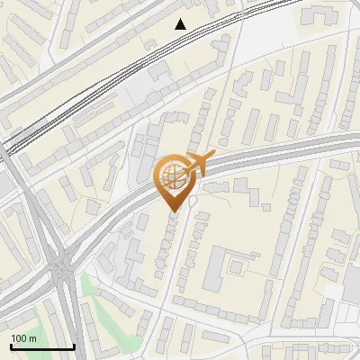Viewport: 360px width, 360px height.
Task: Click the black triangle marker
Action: point(181,24)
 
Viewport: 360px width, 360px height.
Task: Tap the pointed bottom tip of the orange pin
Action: point(174,212)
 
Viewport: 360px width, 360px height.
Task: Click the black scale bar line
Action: point(41,347)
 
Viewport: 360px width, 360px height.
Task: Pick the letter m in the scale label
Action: point(33,338)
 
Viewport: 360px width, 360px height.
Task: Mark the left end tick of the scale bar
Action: point(11,346)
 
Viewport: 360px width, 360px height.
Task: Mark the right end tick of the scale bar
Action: point(73,346)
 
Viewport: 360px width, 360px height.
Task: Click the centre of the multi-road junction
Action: point(61,266)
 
